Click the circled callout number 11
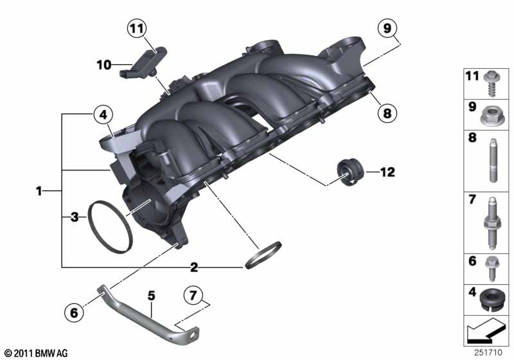point(137,28)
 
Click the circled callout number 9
point(387,28)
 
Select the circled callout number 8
point(387,113)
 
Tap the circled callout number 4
point(103,115)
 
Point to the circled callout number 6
point(74,312)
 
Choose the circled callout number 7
point(193,296)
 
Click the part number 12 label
point(387,172)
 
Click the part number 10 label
point(104,65)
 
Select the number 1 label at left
point(39,191)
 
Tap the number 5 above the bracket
point(151,296)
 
